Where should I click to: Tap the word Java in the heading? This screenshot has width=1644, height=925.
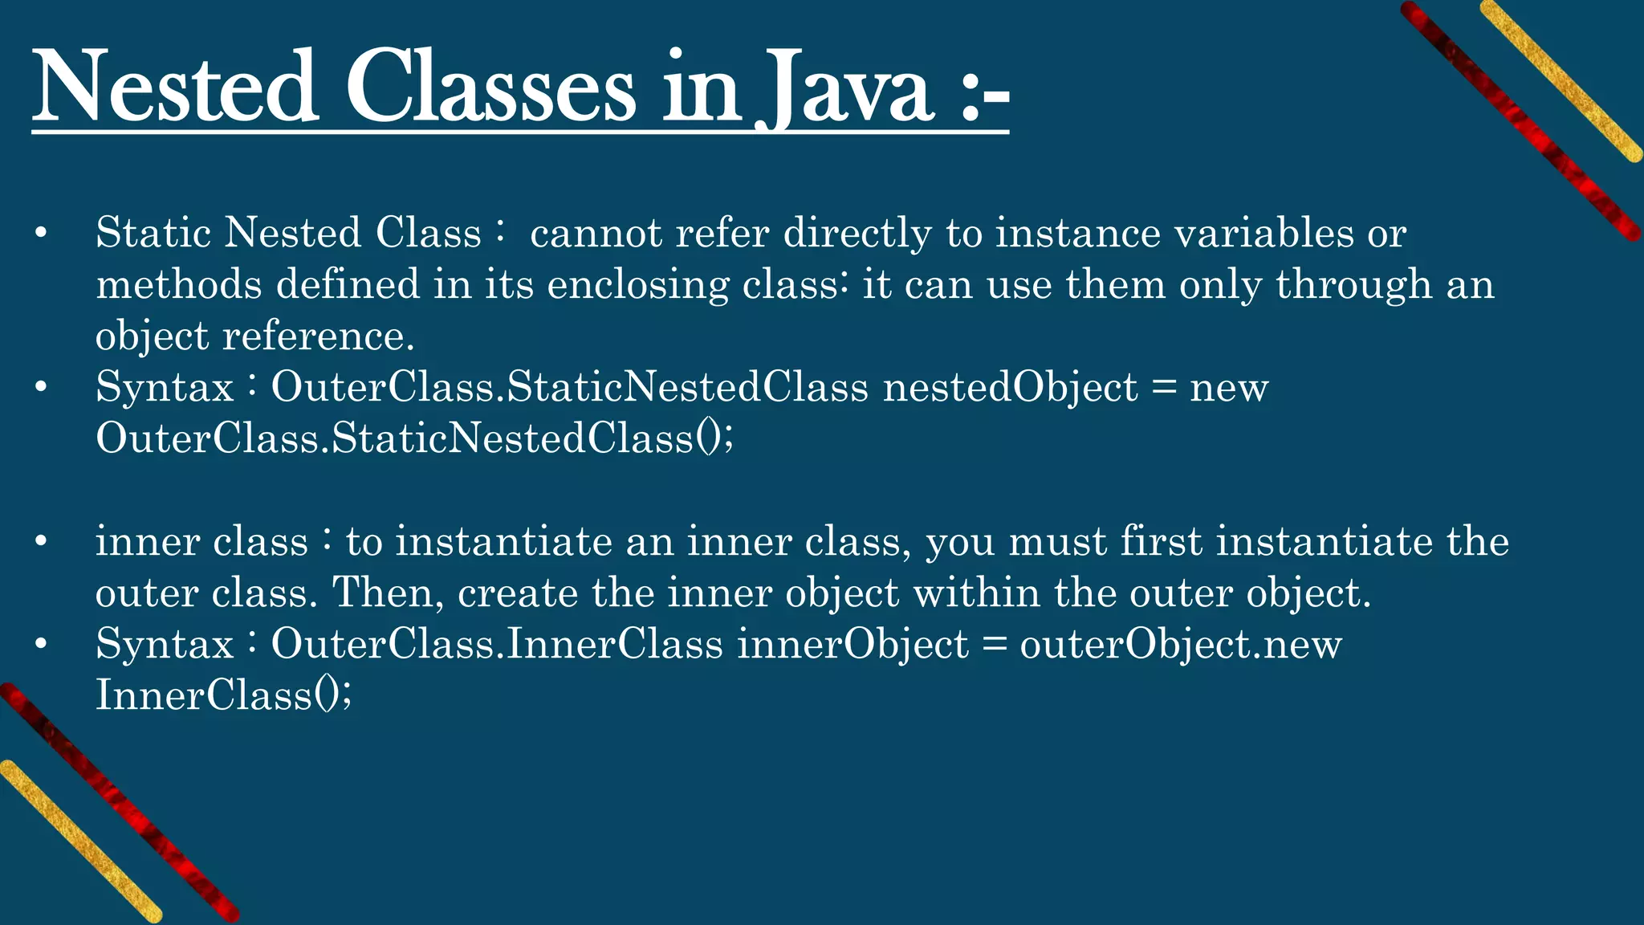click(846, 90)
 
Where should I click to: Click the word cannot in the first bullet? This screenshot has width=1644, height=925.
click(596, 234)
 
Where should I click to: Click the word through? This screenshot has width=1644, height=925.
click(1353, 286)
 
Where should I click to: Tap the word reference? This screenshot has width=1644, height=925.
click(318, 336)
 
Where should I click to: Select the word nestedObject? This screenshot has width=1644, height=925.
click(1011, 388)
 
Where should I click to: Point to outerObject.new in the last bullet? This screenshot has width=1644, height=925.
click(1180, 645)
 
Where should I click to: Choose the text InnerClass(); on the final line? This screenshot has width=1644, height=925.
click(223, 695)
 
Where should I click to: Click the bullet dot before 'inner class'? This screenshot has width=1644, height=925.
click(41, 542)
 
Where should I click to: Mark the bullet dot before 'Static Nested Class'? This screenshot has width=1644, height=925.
click(41, 234)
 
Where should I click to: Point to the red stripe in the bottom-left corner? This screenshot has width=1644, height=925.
click(120, 803)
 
